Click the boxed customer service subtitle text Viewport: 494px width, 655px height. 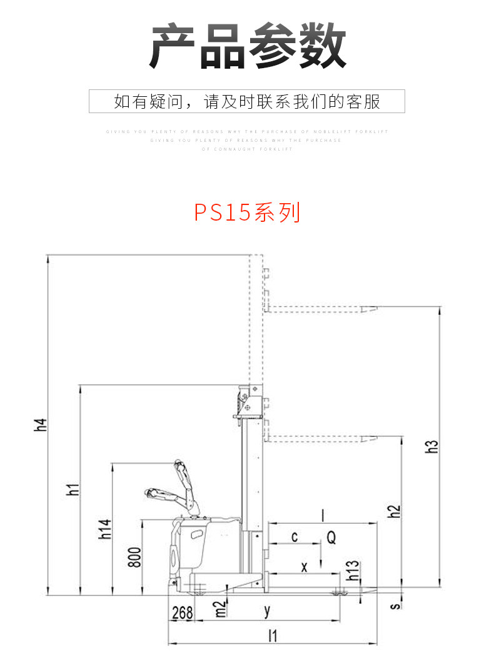(x=247, y=101)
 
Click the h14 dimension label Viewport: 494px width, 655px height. (x=104, y=529)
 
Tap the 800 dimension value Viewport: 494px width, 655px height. (x=134, y=556)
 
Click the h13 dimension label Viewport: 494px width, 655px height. (x=353, y=571)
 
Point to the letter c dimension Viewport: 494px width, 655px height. (x=295, y=537)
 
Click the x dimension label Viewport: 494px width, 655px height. (x=305, y=567)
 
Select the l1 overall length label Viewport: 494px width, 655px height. (x=272, y=636)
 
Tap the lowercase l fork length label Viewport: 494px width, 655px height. (x=323, y=515)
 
